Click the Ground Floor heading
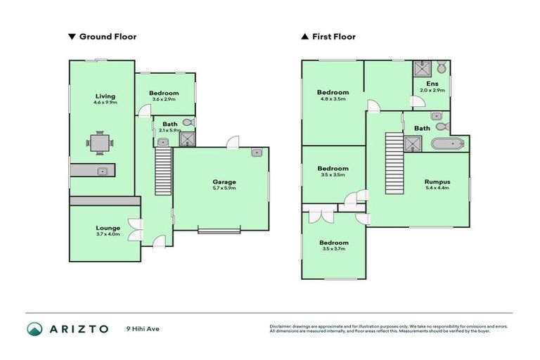point(108,37)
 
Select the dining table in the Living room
point(100,143)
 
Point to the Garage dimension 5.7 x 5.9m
point(224,188)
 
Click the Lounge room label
point(108,228)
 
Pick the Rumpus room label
point(437,182)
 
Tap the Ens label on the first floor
point(432,84)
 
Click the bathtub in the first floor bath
point(446,145)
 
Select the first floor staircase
point(394,164)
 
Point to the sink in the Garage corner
point(257,153)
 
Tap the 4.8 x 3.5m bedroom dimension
point(333,100)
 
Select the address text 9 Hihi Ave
point(143,329)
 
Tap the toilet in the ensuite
point(441,68)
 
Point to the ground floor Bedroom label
point(164,93)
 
